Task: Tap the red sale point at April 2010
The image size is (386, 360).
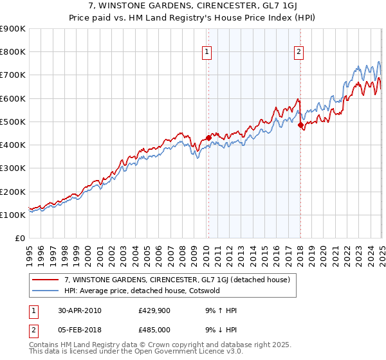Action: pyautogui.click(x=208, y=138)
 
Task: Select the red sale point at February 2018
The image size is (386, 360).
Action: pyautogui.click(x=300, y=125)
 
